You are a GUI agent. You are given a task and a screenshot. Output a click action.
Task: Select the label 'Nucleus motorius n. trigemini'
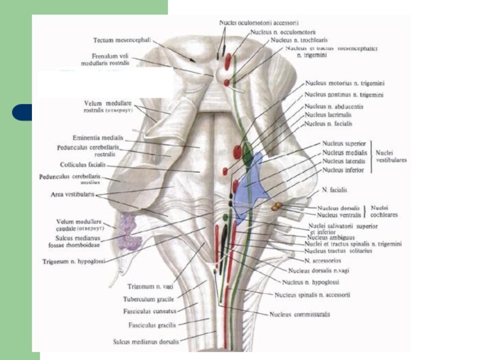(344, 84)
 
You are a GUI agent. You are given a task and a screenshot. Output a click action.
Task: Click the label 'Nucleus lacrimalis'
(328, 115)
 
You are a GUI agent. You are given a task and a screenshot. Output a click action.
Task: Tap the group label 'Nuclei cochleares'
(384, 211)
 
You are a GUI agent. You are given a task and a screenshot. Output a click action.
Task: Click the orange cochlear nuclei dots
(276, 206)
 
